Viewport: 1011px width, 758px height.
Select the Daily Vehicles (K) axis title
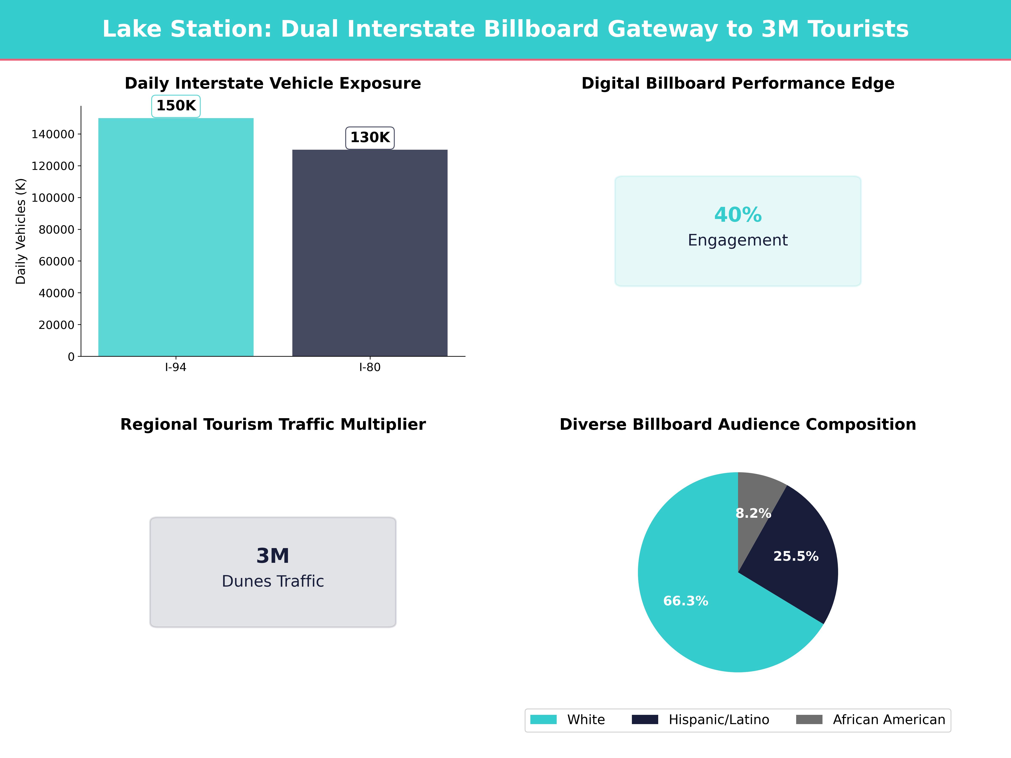pyautogui.click(x=21, y=231)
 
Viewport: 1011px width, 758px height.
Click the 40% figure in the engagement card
pyautogui.click(x=738, y=215)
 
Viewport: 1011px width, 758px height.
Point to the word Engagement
pyautogui.click(x=738, y=240)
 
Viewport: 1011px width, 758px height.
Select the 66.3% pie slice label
pyautogui.click(x=686, y=601)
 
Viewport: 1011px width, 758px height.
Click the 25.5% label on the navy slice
pyautogui.click(x=796, y=556)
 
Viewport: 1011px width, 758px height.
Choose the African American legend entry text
pyautogui.click(x=888, y=720)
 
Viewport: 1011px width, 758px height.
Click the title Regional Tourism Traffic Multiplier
pyautogui.click(x=273, y=424)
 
